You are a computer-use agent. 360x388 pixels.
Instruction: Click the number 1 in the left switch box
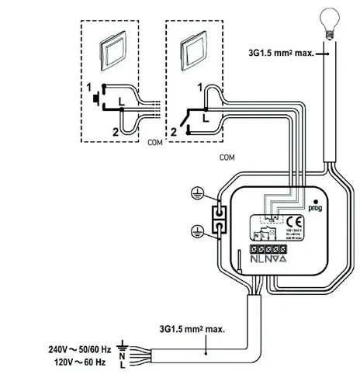89,86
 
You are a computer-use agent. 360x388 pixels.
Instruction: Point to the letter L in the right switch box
203,119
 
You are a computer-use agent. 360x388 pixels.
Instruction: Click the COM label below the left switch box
153,144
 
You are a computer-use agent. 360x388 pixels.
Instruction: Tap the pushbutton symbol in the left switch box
95,99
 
